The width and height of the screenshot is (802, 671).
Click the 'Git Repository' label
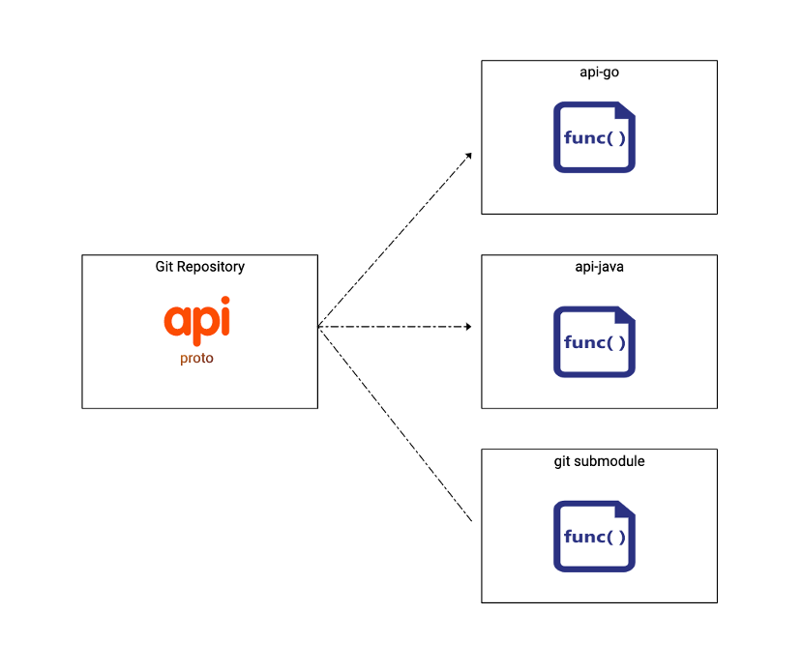200,267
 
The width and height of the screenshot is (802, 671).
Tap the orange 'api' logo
197,320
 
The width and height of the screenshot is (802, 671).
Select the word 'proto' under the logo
196,358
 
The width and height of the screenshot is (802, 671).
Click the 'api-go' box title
599,73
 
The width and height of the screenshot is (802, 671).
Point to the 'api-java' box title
599,267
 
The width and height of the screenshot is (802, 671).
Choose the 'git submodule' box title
599,461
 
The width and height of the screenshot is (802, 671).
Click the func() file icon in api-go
594,137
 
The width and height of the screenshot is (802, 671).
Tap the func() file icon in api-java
594,342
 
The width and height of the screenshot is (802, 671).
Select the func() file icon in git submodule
594,537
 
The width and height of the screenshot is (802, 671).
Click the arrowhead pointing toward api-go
468,156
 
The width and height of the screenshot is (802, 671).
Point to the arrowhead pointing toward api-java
468,327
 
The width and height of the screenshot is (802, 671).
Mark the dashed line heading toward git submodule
395,423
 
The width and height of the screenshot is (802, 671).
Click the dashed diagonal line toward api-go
394,240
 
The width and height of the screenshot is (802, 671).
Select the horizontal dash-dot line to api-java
395,327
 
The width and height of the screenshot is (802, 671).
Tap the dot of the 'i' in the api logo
225,301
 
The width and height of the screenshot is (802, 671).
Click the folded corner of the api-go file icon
625,111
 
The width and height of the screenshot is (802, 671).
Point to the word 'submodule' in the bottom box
609,461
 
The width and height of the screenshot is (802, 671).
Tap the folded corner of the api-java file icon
625,315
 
